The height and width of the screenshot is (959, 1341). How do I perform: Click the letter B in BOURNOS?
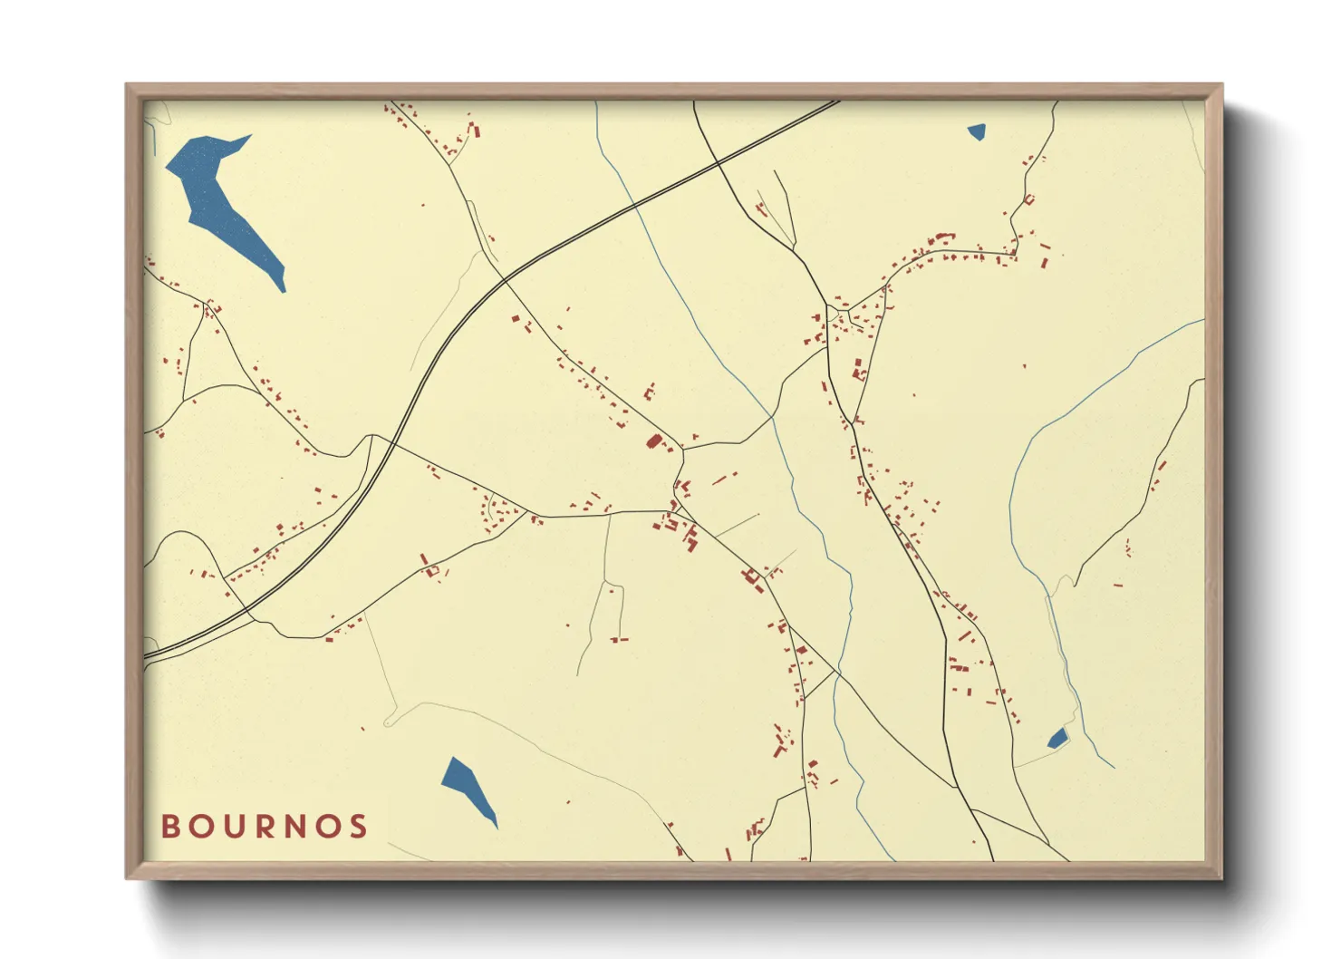tap(170, 827)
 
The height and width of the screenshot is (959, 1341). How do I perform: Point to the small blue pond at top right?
tap(976, 132)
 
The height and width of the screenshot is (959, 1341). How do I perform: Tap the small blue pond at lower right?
tap(1057, 739)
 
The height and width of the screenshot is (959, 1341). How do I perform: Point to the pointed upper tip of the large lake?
tap(249, 137)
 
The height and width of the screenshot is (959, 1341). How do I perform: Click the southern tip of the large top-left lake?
tap(284, 291)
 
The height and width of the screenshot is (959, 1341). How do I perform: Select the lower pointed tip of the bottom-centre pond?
tap(497, 827)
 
